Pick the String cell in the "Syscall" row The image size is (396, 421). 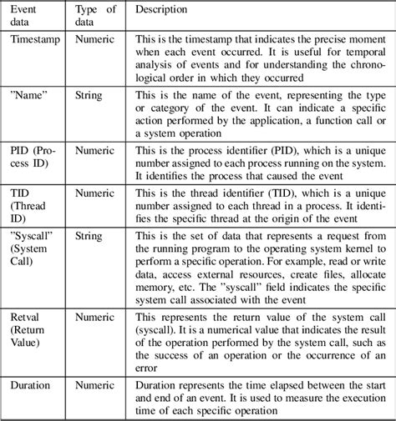pyautogui.click(x=89, y=235)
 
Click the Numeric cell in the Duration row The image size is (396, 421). pyautogui.click(x=94, y=386)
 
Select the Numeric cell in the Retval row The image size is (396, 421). pyautogui.click(x=94, y=316)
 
